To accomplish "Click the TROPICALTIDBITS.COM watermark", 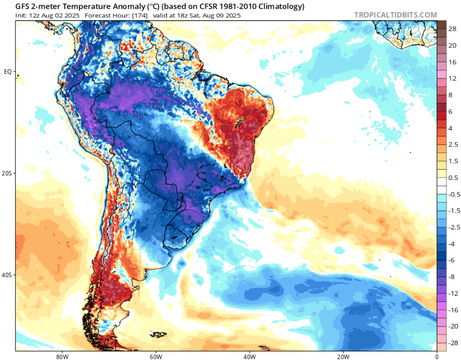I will [395, 15].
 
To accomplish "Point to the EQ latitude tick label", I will [8, 72].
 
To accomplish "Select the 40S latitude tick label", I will [8, 275].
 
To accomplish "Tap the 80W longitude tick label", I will [61, 357].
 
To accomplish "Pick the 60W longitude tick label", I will [155, 357].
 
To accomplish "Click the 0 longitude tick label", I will [437, 357].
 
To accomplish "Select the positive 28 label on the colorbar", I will [452, 29].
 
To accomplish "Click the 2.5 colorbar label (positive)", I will [453, 144].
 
